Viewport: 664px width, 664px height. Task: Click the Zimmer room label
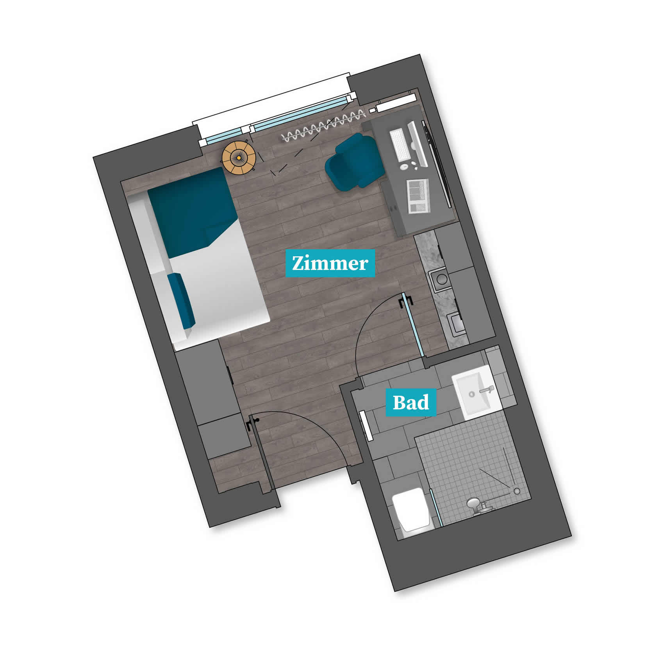(330, 263)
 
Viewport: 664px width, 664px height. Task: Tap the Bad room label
(411, 402)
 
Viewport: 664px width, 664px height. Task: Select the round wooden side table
(239, 158)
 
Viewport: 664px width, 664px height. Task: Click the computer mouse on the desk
(404, 166)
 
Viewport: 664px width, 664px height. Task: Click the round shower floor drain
(517, 491)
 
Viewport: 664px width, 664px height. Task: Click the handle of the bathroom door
(405, 302)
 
